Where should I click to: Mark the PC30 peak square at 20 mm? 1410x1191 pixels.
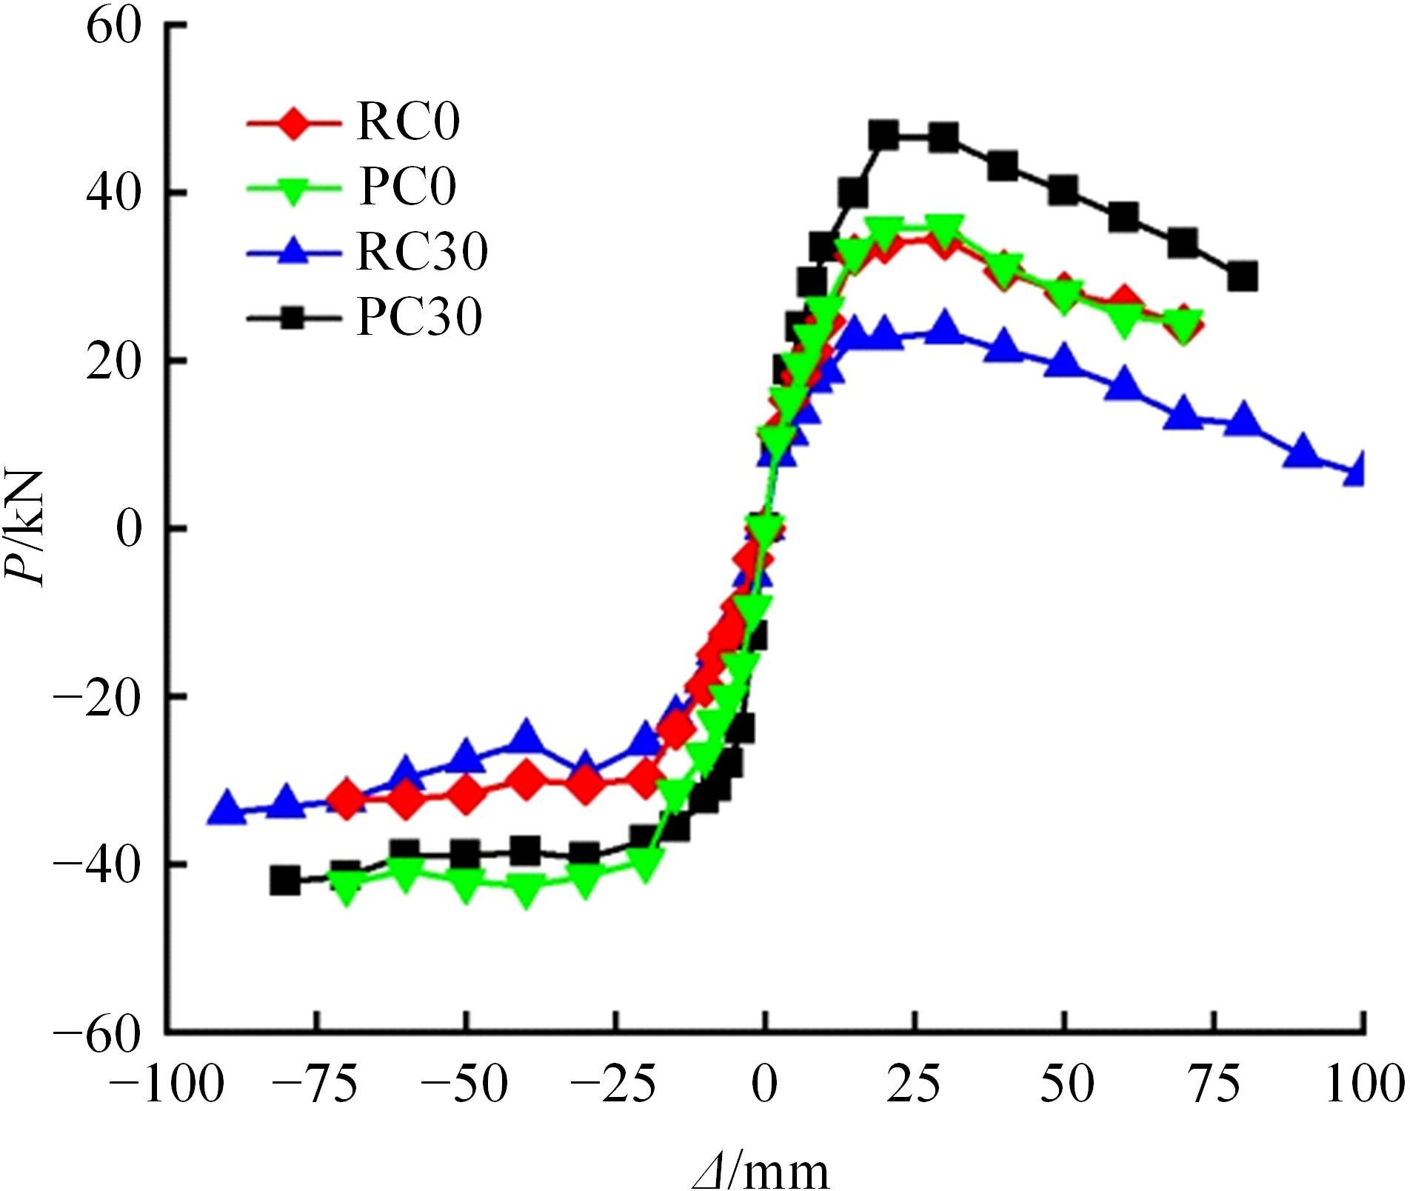[x=884, y=136]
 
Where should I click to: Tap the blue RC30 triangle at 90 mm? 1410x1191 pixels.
[x=1303, y=453]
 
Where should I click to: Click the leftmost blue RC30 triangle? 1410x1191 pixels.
[x=227, y=810]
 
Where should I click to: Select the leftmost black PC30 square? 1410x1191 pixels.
[x=286, y=881]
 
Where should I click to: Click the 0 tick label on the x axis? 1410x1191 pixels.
[x=765, y=1087]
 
